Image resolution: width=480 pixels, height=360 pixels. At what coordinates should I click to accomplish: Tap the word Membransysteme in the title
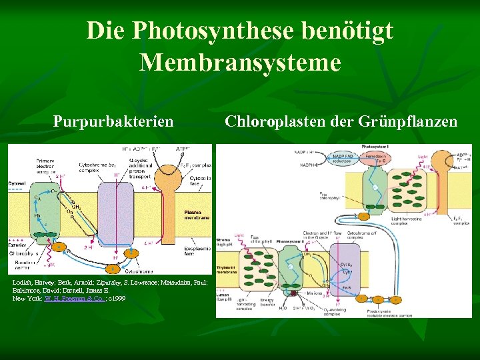point(240,63)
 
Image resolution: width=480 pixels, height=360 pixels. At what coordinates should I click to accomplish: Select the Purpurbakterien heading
point(113,121)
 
